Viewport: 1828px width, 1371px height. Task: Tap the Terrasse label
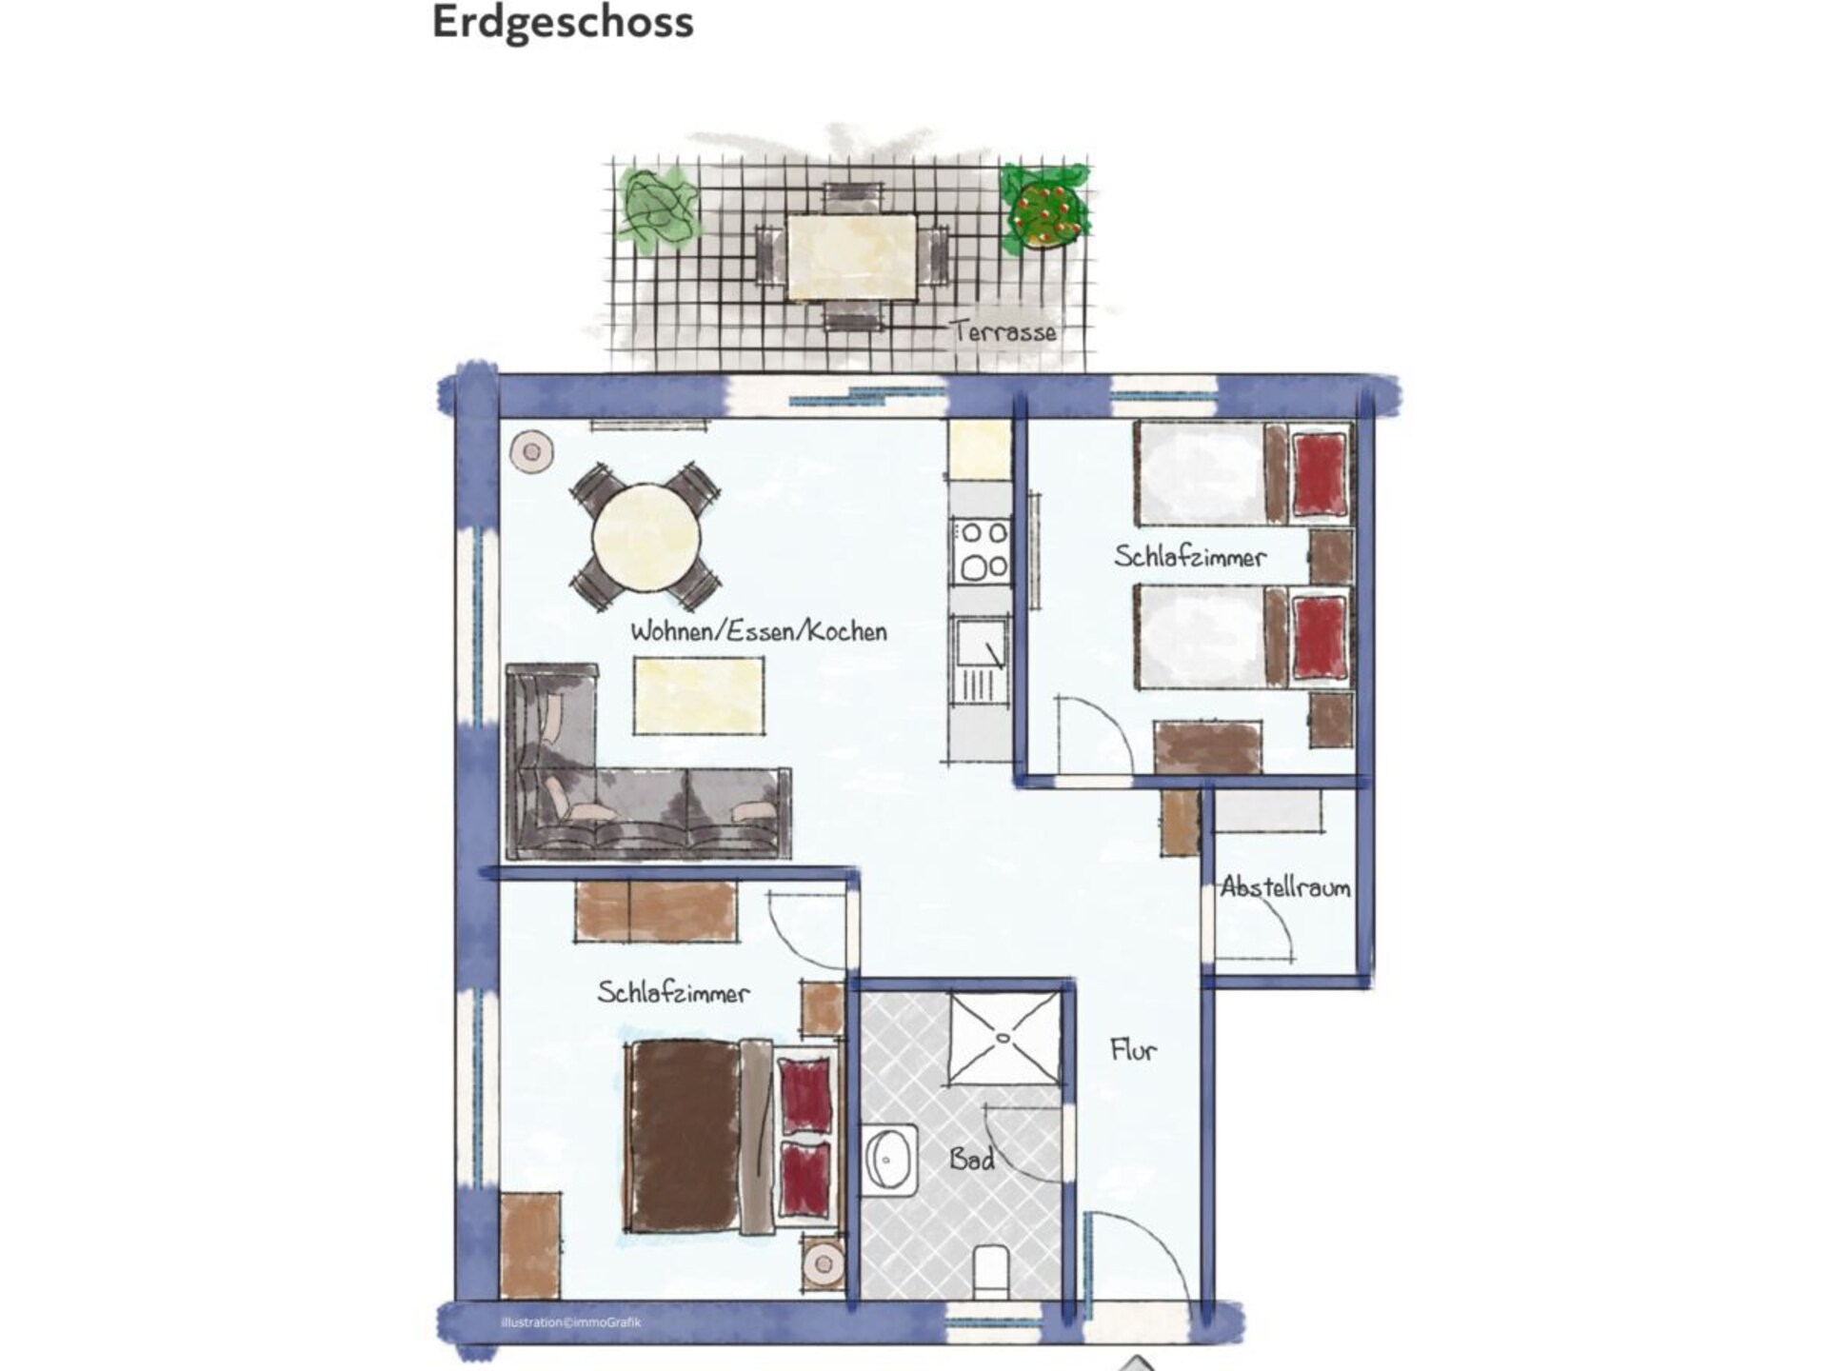click(1004, 331)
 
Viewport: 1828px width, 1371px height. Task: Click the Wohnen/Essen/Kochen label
click(759, 631)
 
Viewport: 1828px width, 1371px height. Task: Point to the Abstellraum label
click(1285, 887)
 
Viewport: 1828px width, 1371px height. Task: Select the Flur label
click(1133, 1050)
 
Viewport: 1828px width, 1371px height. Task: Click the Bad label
click(972, 1159)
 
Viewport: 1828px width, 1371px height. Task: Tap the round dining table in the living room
click(646, 537)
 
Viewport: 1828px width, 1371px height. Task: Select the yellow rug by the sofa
click(700, 696)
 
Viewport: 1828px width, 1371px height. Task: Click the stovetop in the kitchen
click(982, 551)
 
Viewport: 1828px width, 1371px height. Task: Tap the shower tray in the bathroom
click(1004, 1039)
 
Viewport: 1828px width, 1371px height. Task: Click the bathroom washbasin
click(890, 1161)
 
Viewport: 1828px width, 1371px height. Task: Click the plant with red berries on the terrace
click(1044, 209)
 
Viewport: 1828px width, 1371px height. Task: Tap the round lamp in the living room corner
click(531, 451)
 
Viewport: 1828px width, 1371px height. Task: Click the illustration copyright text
click(571, 1322)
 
